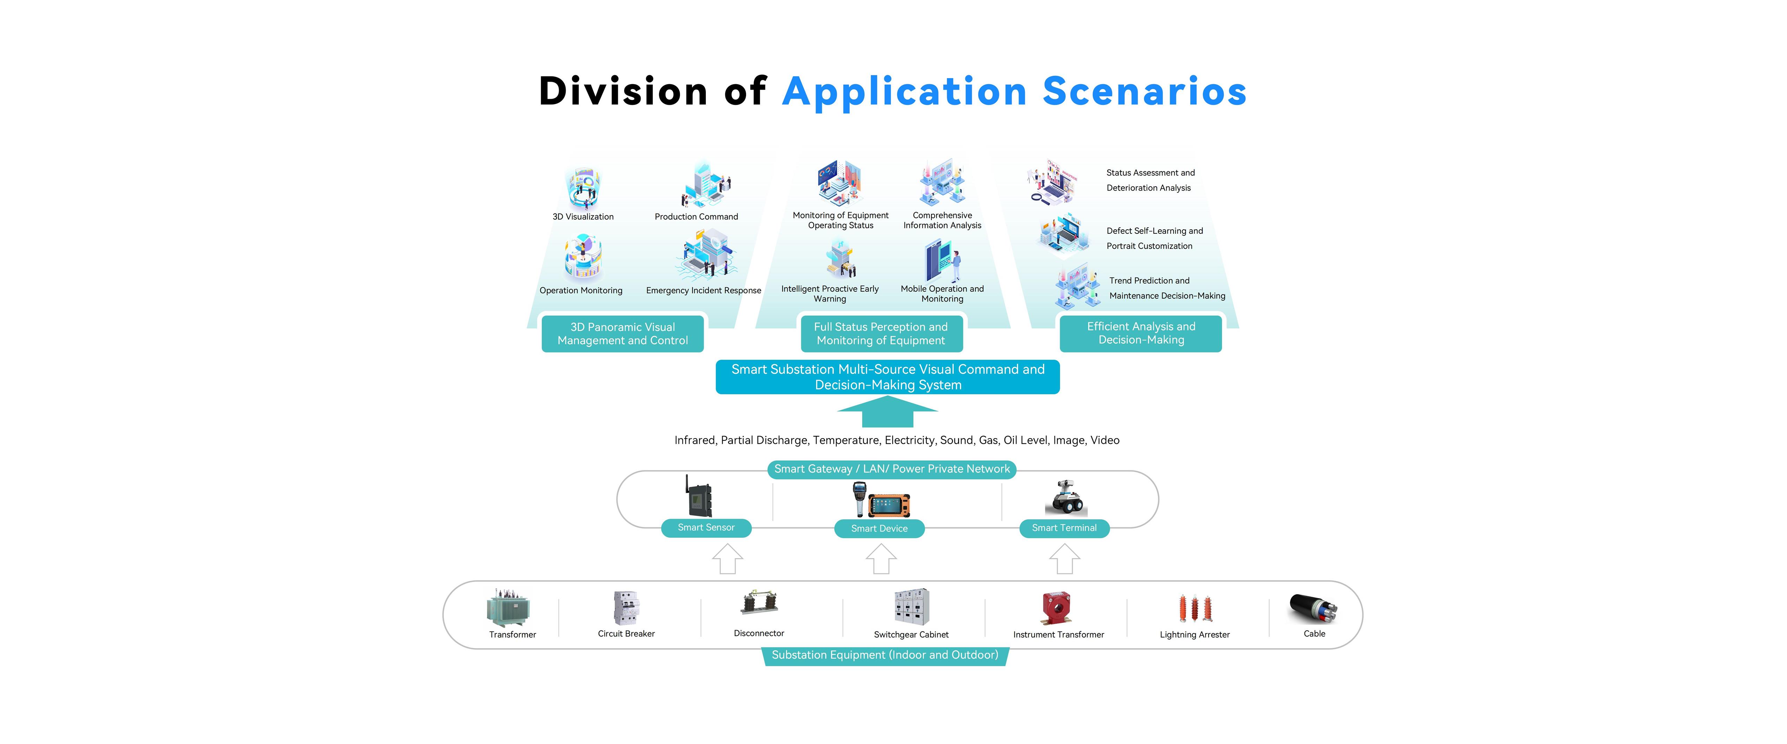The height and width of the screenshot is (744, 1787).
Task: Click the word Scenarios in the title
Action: (1145, 91)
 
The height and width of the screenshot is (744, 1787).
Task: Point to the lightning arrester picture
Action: (1195, 608)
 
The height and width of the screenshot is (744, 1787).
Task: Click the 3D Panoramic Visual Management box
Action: (622, 334)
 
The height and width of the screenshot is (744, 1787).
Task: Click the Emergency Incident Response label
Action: (703, 291)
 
